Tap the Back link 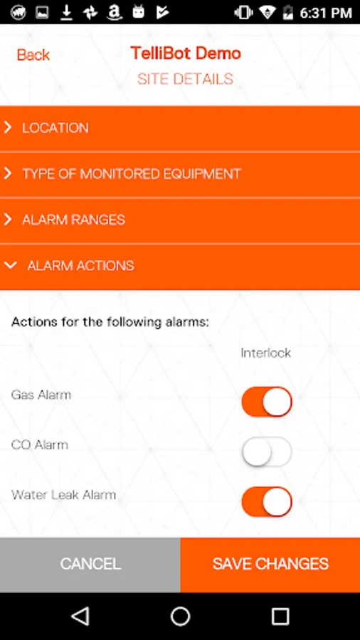tap(33, 55)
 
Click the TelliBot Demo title tap(186, 53)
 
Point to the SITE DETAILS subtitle tap(185, 79)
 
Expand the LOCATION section tap(180, 128)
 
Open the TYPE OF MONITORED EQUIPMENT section tap(180, 174)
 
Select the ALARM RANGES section tap(180, 220)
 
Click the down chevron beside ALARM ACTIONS tap(10, 266)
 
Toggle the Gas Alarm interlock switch tap(267, 402)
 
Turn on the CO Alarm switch tap(267, 452)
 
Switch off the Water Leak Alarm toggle tap(267, 501)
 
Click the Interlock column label tap(265, 353)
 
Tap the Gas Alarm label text tap(41, 395)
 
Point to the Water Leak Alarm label tap(63, 495)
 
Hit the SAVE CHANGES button tap(270, 565)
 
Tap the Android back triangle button tap(80, 616)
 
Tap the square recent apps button tap(280, 616)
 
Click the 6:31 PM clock tap(326, 13)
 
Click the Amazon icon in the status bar tap(115, 12)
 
